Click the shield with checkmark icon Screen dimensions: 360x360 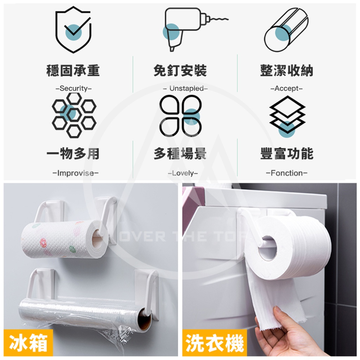(73, 30)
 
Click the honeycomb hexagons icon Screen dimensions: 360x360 (74, 114)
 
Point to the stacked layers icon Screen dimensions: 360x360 (287, 114)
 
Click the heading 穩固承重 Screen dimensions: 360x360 (73, 70)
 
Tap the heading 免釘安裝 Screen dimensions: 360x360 (180, 70)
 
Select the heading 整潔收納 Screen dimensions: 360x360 (287, 70)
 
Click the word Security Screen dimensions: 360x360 (73, 88)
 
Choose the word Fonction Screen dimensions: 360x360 (287, 173)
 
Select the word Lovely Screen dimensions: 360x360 (183, 173)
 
